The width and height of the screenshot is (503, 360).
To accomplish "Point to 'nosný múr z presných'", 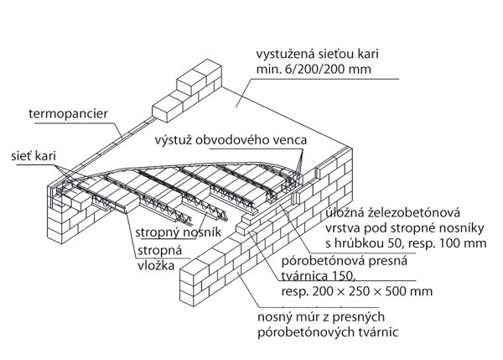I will (x=328, y=319).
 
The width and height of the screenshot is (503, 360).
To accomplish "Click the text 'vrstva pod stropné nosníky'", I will (x=397, y=229).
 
